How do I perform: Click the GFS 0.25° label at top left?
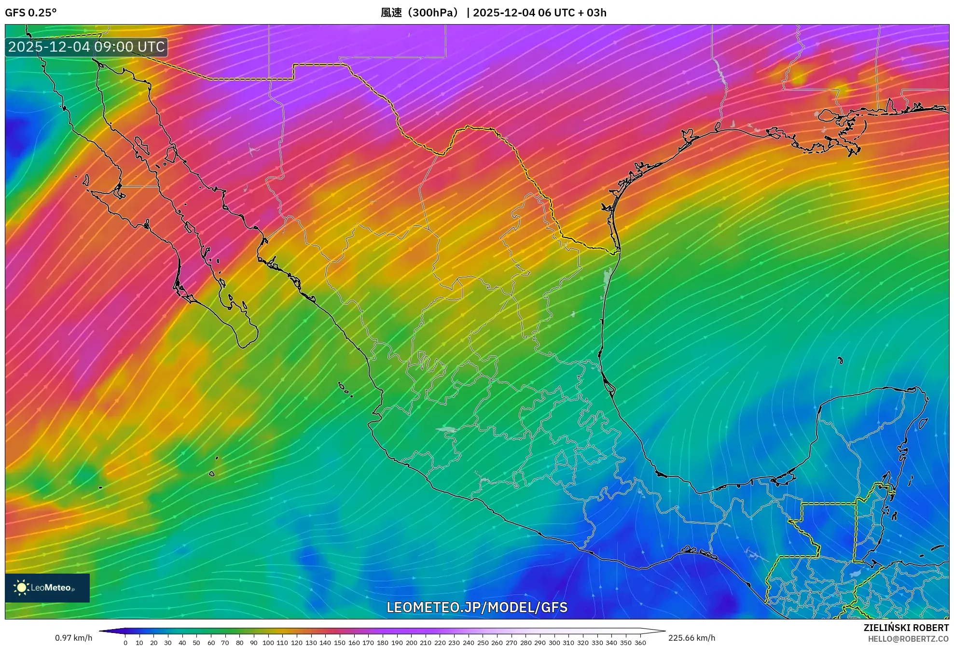click(30, 13)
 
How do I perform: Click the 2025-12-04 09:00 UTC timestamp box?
click(86, 47)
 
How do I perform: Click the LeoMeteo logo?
click(47, 588)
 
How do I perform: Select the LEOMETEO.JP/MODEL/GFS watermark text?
click(477, 607)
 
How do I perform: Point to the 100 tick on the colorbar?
click(268, 642)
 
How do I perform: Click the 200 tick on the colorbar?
click(411, 642)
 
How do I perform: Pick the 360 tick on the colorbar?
click(640, 642)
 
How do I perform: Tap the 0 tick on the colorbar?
click(125, 642)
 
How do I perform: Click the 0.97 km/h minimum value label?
click(73, 638)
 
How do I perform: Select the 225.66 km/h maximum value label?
click(691, 638)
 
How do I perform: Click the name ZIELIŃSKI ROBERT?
click(906, 628)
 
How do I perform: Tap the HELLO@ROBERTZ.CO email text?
click(908, 639)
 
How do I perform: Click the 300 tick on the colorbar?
click(554, 642)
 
